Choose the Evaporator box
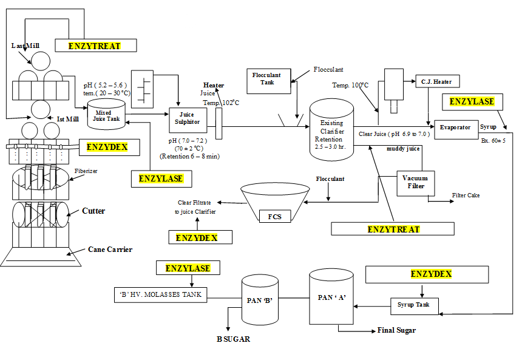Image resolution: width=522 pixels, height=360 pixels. tap(455, 127)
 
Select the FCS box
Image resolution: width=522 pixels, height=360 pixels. tap(274, 216)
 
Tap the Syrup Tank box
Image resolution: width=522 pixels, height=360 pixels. tap(413, 304)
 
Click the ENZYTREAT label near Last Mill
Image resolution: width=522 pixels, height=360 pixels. tap(94, 46)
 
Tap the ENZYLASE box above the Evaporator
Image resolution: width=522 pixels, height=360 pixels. tap(472, 101)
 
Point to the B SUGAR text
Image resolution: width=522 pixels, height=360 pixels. tap(233, 339)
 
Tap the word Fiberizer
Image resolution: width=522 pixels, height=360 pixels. tap(86, 171)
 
